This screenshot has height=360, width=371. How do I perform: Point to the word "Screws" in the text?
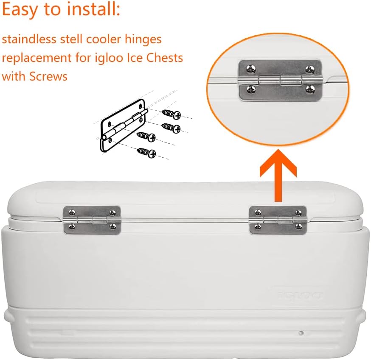click(48, 76)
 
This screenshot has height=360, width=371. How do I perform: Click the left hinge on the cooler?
click(92, 220)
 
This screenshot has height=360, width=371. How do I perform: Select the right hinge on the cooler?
click(278, 220)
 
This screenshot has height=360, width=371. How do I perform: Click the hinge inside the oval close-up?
click(279, 80)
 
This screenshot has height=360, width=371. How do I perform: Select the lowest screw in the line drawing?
click(146, 152)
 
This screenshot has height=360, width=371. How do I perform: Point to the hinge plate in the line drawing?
click(123, 127)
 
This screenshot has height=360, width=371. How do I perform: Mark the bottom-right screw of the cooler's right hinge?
click(300, 227)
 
